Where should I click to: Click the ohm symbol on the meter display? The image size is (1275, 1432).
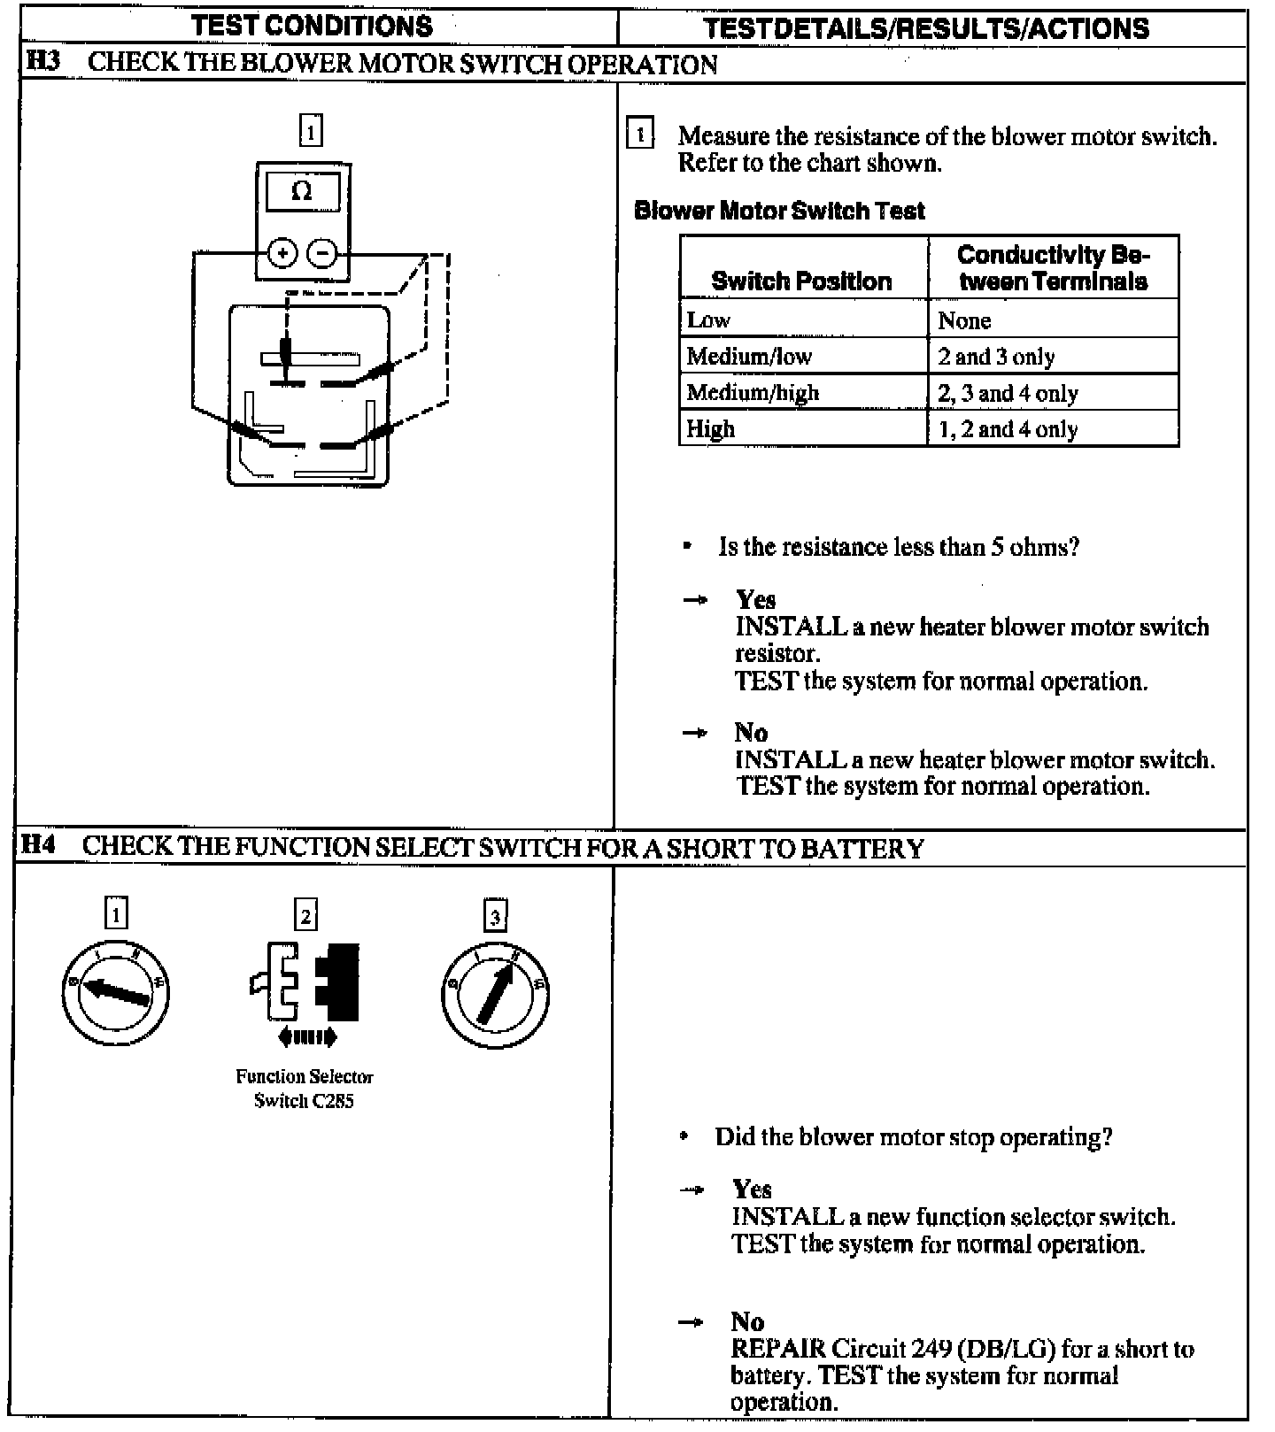tap(302, 191)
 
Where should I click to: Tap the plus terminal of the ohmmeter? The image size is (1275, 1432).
tap(282, 254)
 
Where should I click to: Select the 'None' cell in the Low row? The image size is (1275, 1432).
tap(964, 320)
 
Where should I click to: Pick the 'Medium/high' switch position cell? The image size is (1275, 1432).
tap(753, 392)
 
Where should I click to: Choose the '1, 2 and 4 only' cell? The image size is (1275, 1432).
tap(1008, 429)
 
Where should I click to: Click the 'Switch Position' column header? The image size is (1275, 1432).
tap(801, 281)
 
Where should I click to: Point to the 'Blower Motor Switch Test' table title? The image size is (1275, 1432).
tap(779, 211)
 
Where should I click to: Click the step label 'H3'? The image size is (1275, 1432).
tap(42, 62)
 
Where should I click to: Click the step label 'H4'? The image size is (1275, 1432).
tap(39, 845)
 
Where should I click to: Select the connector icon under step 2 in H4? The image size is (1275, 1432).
tap(305, 982)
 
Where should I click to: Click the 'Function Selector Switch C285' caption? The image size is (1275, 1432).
tap(304, 1089)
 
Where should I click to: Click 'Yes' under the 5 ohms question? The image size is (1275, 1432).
tap(755, 599)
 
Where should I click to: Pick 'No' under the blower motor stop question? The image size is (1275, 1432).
tap(747, 1321)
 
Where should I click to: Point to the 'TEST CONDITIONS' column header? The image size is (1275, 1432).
tap(312, 26)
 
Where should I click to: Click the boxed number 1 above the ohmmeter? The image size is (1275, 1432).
tap(311, 131)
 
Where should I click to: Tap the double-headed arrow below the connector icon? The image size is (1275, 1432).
tap(307, 1036)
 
